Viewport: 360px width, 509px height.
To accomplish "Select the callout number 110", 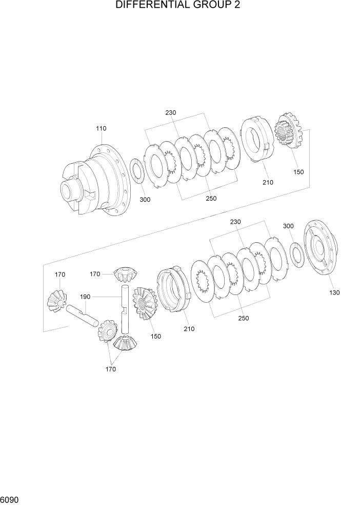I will [x=101, y=128].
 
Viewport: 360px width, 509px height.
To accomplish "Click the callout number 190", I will [x=85, y=297].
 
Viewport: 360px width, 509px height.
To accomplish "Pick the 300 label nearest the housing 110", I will [x=145, y=200].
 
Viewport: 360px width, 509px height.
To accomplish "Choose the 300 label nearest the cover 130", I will [x=289, y=226].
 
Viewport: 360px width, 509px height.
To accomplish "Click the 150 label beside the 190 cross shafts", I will [x=155, y=336].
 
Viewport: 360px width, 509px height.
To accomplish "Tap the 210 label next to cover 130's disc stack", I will [x=189, y=329].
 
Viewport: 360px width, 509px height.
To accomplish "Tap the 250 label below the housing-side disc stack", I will [x=211, y=199].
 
